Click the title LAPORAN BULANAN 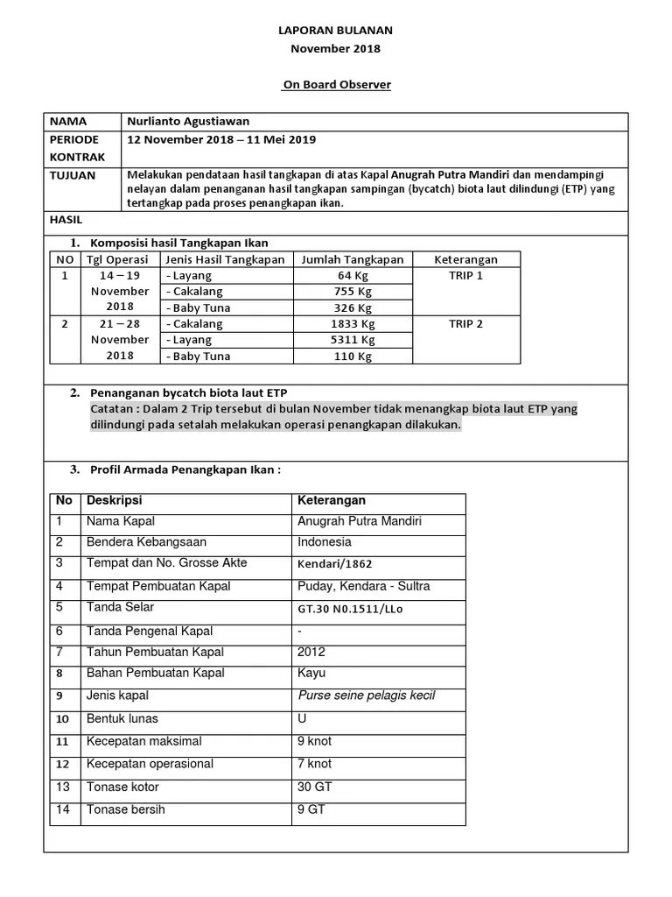tap(336, 31)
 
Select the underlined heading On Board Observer tap(337, 85)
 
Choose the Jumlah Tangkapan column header tap(353, 259)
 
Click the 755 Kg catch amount tap(353, 292)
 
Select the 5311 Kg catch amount tap(353, 340)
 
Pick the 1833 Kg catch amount tap(353, 324)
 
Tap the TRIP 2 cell tap(465, 324)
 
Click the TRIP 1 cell tap(465, 276)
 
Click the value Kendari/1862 tap(340, 564)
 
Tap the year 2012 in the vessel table tap(311, 652)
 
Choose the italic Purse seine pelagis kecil tap(367, 696)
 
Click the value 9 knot tap(314, 741)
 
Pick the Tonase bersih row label tap(125, 809)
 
